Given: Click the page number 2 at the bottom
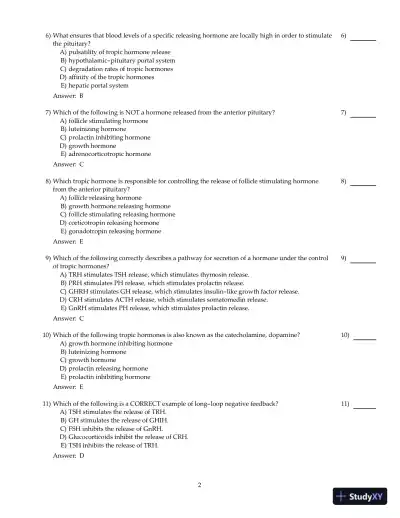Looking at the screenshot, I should pos(200,485).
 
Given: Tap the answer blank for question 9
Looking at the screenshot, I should pos(363,259).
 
